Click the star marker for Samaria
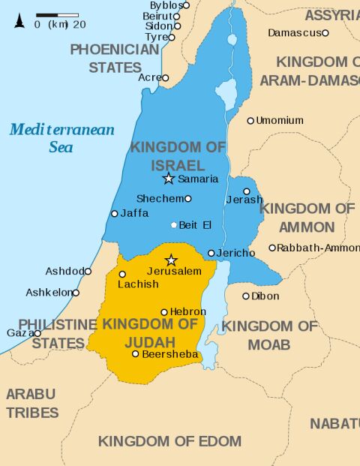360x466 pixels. (169, 179)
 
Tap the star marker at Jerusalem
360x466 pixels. (171, 260)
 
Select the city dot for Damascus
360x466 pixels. (325, 33)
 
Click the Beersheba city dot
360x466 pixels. (136, 353)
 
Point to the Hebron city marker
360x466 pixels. (164, 312)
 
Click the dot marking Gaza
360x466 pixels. (37, 333)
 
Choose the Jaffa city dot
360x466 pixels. (115, 214)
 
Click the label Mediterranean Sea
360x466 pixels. (61, 138)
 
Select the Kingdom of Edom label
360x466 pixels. (169, 441)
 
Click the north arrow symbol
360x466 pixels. (19, 20)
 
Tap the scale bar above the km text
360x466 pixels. (57, 14)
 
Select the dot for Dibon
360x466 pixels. (246, 296)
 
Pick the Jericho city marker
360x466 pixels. (211, 254)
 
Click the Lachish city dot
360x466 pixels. (122, 274)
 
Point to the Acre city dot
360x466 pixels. (166, 78)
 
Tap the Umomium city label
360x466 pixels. (279, 121)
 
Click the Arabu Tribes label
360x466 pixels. (31, 403)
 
